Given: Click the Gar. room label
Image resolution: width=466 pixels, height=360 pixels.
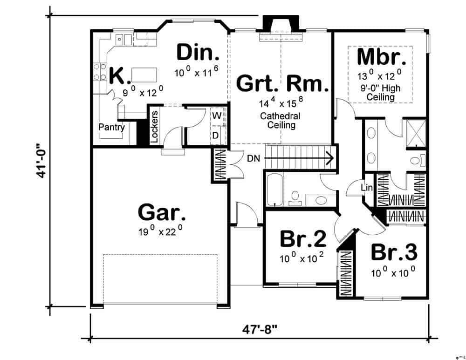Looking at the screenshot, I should pyautogui.click(x=162, y=214).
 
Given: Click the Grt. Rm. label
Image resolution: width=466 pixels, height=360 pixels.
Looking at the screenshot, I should pyautogui.click(x=283, y=84).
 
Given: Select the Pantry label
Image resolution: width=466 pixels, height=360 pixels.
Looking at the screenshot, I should pyautogui.click(x=111, y=127).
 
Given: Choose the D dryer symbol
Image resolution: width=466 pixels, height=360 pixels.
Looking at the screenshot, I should pyautogui.click(x=216, y=135).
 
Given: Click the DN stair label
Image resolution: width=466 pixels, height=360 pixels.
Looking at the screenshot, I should pyautogui.click(x=254, y=158).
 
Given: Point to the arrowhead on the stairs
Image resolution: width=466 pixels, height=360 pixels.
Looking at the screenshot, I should pyautogui.click(x=330, y=158).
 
